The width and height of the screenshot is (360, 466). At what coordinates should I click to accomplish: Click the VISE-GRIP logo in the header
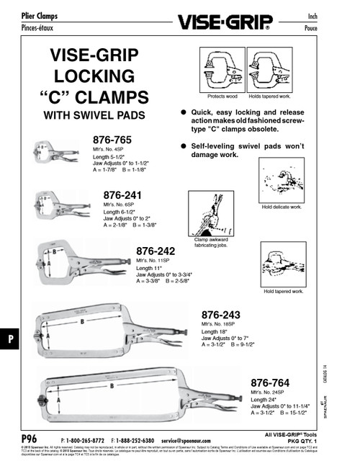(x=228, y=22)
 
